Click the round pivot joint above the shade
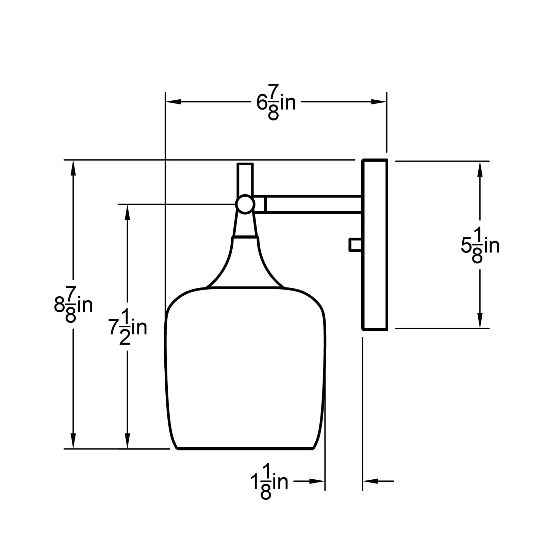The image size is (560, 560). pyautogui.click(x=245, y=204)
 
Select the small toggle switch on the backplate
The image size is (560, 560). pyautogui.click(x=355, y=245)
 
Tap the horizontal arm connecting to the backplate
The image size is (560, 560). pyautogui.click(x=313, y=204)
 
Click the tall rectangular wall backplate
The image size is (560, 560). pyautogui.click(x=375, y=244)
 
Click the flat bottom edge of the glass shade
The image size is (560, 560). pyautogui.click(x=245, y=449)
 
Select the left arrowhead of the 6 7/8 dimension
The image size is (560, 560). pyautogui.click(x=172, y=102)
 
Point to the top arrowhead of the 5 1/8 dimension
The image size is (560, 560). pyautogui.click(x=480, y=169)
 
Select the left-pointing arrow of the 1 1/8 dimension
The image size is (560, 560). pyautogui.click(x=371, y=481)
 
